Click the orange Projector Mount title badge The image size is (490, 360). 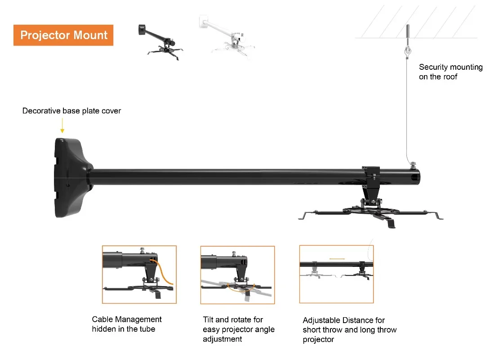click(63, 35)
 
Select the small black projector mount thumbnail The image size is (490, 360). click(160, 42)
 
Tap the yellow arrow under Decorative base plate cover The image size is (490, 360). click(62, 126)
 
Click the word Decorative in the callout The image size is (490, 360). click(41, 111)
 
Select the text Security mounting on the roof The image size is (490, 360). click(450, 72)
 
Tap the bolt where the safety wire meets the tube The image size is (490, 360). click(413, 165)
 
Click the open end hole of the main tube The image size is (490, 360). click(415, 177)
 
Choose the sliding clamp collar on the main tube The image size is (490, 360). click(371, 173)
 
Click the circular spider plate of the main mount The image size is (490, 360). click(371, 211)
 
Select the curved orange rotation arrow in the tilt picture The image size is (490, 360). click(241, 288)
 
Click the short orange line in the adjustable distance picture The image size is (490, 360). click(337, 259)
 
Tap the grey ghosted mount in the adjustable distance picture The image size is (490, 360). click(315, 270)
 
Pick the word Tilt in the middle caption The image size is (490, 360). click(208, 319)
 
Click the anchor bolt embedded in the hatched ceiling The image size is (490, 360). click(407, 31)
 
